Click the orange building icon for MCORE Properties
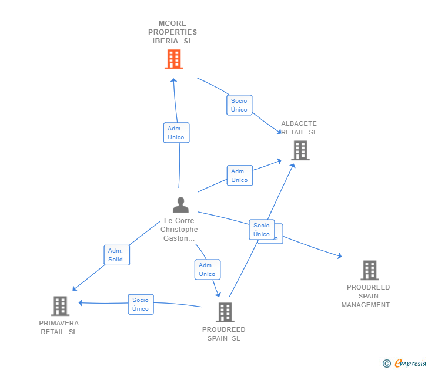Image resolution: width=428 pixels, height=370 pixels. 173,59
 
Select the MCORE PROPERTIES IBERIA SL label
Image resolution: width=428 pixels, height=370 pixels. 172,32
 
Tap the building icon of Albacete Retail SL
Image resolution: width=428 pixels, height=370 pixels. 300,150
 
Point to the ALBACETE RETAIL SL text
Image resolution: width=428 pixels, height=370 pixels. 299,128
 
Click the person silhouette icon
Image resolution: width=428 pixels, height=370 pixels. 180,205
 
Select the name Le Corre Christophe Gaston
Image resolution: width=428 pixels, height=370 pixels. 179,230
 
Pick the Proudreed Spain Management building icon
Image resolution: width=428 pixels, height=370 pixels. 369,270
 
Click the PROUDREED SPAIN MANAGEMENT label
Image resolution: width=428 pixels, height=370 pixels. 369,296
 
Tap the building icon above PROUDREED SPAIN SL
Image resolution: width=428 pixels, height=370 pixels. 225,312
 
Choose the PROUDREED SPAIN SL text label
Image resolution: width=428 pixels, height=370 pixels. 224,334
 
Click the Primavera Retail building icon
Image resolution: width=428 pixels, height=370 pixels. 60,306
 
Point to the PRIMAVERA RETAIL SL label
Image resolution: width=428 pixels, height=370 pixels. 59,327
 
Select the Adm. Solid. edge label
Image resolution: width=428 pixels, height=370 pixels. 116,255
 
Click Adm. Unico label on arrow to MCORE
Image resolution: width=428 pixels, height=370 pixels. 176,133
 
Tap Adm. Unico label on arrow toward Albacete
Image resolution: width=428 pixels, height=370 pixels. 239,176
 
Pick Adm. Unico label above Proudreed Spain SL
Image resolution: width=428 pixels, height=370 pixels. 207,270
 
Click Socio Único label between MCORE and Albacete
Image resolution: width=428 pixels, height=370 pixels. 239,105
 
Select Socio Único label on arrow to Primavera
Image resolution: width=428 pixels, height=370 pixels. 141,304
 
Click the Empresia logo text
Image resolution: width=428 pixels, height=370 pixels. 410,363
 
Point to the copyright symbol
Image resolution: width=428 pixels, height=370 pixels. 387,364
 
